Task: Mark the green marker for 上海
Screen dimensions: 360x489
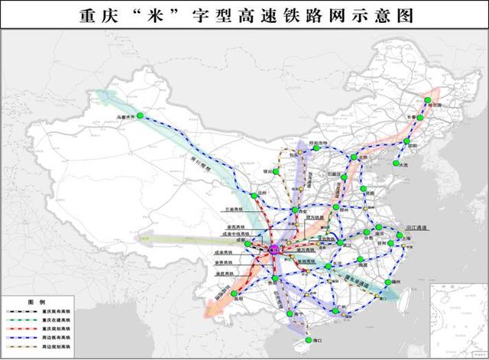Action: (x=408, y=239)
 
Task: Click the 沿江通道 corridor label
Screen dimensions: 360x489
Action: (x=419, y=228)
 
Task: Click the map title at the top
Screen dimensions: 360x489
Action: (x=244, y=15)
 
